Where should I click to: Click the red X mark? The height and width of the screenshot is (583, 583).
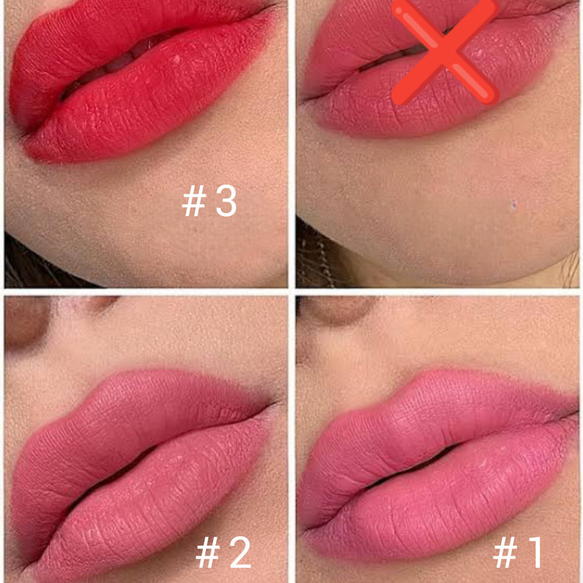pos(445,52)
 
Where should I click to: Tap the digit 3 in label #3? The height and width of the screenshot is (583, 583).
pos(226,201)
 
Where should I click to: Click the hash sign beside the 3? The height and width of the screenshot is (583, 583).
pos(194,201)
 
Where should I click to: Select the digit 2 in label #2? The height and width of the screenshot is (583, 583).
pos(240,553)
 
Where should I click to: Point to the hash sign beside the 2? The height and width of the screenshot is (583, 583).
pos(208,553)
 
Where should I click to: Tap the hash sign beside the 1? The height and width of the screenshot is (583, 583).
pos(505,553)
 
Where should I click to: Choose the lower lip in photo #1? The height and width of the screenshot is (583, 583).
pos(446,498)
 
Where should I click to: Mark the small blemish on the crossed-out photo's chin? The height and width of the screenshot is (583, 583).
pos(515,206)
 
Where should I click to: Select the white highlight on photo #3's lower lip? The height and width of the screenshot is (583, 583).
pos(177,59)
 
